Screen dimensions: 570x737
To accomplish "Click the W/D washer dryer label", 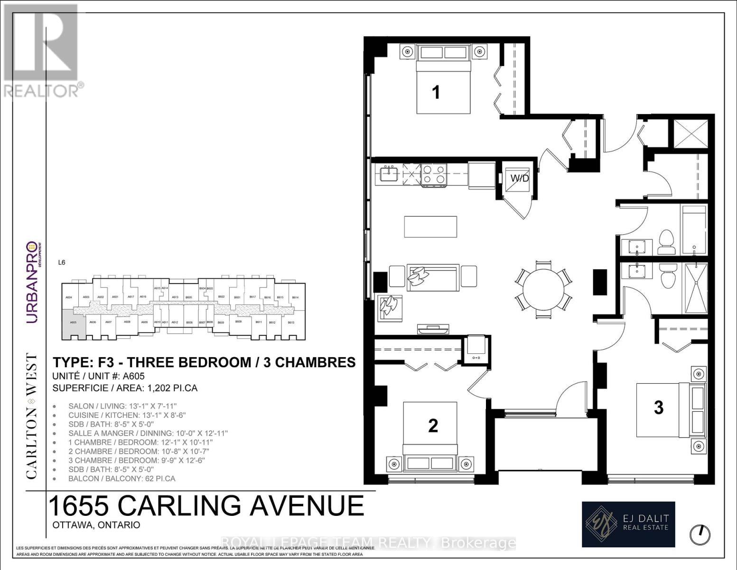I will click(x=519, y=179).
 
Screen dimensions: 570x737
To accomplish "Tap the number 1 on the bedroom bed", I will click(x=436, y=92).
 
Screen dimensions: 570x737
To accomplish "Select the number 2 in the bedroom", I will click(x=433, y=426).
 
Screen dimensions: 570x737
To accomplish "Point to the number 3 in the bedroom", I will click(x=658, y=408).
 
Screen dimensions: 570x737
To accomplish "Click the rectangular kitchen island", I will click(x=431, y=227).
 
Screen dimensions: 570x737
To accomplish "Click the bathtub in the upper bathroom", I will click(x=693, y=230).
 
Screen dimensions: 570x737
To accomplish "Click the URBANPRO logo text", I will click(x=31, y=283).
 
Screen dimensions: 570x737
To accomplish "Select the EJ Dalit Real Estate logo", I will click(x=628, y=524).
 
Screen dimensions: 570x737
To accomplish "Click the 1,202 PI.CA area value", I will click(x=173, y=388).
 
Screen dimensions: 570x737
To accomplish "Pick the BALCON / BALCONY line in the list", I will click(x=121, y=478).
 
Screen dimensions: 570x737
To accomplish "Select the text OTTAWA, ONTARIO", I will click(x=96, y=525).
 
